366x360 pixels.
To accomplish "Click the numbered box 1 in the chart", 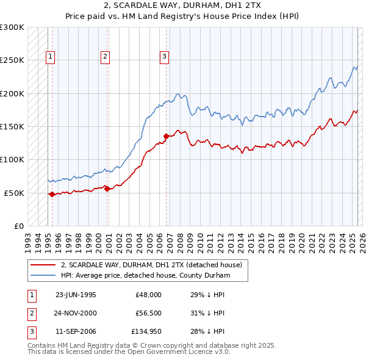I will pos(50,57).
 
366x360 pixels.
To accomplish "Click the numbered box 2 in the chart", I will pos(105,57).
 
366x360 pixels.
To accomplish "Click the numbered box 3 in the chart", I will pos(164,57).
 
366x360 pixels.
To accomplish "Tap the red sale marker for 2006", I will pos(166,136).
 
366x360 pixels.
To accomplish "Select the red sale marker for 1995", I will pos(52,194).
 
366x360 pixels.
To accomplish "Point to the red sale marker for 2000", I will pos(107,189).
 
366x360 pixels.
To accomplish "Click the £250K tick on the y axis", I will pos(12,60).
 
